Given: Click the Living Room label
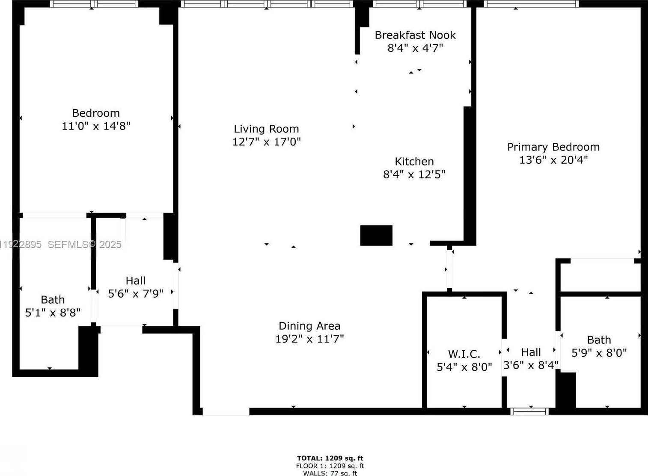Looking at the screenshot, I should (x=266, y=129).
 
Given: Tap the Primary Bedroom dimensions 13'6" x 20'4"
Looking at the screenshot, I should (x=553, y=160).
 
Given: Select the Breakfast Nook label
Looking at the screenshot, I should (x=415, y=35).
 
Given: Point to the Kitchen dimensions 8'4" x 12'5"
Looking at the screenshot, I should (x=414, y=174).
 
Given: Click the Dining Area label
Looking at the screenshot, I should (x=309, y=326).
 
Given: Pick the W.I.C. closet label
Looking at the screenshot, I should (x=464, y=354).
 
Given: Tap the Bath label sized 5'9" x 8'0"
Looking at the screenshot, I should (x=599, y=340).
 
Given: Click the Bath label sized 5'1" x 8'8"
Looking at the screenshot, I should (x=53, y=300).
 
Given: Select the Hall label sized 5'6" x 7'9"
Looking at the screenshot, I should (x=135, y=281).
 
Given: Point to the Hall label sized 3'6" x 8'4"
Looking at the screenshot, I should (x=531, y=352).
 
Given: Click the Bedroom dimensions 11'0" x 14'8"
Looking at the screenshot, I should (x=96, y=126).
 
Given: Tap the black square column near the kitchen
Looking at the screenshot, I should (x=376, y=235).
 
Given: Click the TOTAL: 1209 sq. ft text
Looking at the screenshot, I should (x=330, y=458).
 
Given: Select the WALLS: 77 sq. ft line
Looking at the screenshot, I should (x=330, y=473).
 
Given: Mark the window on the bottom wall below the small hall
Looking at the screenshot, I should (x=529, y=411).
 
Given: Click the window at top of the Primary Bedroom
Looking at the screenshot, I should (x=531, y=4).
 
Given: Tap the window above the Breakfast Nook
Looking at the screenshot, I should (x=419, y=4).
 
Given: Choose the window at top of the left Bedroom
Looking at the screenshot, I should (x=94, y=4).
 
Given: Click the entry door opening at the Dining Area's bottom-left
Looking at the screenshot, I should (x=226, y=411).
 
